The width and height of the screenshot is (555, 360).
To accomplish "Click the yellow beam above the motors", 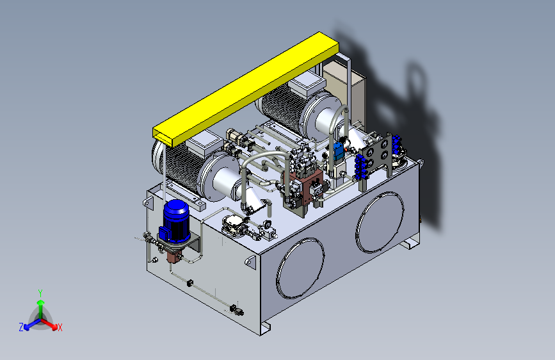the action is tap(246, 88).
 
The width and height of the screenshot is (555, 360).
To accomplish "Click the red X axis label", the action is tap(60, 327).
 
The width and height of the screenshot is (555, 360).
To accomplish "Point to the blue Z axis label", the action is tap(21, 327).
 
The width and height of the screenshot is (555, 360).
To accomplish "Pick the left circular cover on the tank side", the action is tap(300, 268).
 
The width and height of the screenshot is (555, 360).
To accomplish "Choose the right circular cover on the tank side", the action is tap(380, 222).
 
